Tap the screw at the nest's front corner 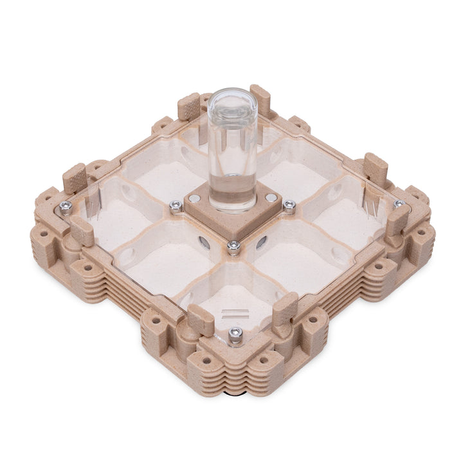(x=235, y=332)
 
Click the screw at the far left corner (x=66, y=206)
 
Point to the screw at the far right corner (x=399, y=204)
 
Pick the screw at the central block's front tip (x=233, y=245)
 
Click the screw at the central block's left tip (x=175, y=206)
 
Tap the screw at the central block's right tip (x=289, y=205)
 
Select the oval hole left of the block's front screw (x=205, y=243)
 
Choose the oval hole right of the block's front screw (x=261, y=242)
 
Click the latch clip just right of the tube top (x=260, y=100)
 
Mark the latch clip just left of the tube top (x=189, y=106)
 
